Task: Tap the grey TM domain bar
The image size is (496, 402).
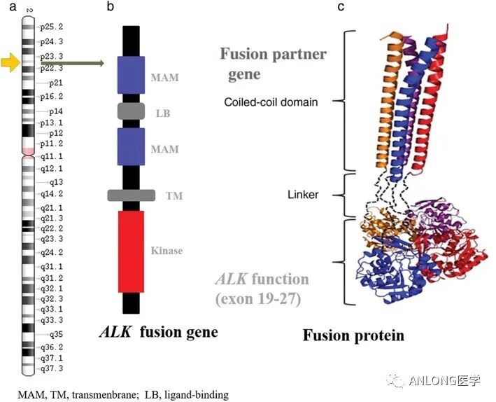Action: tap(131, 195)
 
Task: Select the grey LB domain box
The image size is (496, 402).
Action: tap(131, 111)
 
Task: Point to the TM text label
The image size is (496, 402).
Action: tap(174, 196)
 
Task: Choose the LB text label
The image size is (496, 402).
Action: tap(162, 112)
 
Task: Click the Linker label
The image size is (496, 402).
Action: tap(303, 194)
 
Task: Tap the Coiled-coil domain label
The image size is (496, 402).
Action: tap(271, 102)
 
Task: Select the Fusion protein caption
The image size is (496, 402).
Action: tap(353, 335)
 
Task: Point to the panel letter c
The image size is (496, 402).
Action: tap(341, 6)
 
